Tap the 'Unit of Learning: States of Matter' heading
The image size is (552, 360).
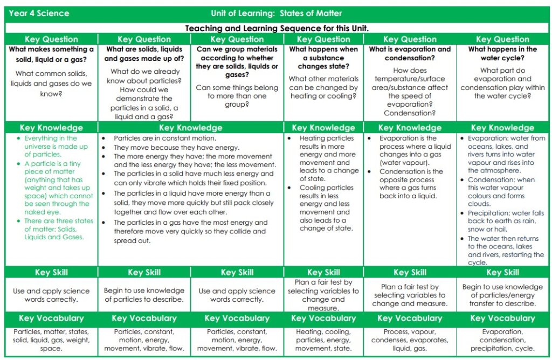277,13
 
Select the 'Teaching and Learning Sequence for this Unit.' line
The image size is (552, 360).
277,28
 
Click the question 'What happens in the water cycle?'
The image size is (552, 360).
502,53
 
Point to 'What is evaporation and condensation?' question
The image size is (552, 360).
410,53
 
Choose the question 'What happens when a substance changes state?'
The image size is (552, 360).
323,58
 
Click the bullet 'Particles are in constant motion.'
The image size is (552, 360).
157,139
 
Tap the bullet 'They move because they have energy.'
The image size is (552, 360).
176,147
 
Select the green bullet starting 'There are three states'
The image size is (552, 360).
58,229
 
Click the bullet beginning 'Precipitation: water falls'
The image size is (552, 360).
505,221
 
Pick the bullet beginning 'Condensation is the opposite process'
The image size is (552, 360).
411,184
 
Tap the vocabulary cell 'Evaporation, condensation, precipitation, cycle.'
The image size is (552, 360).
502,340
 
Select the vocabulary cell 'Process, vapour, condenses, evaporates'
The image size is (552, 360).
410,340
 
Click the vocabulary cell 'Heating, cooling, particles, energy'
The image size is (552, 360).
323,340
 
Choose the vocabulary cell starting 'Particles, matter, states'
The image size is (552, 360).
52,340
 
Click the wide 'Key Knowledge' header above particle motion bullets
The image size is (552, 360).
191,128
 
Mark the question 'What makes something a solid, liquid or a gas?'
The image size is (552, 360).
52,53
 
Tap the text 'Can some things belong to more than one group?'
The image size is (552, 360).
237,96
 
